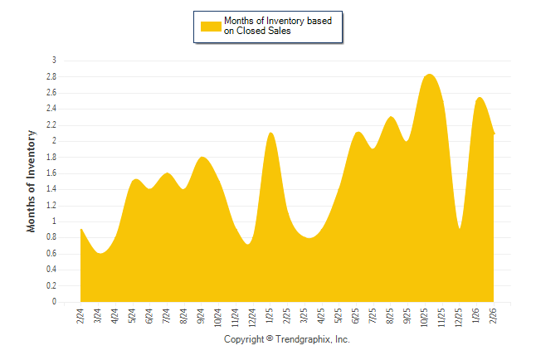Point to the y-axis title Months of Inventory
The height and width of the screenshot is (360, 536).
(32, 181)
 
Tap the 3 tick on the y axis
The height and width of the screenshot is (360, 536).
(54, 61)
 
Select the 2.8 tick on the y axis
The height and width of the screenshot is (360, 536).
(51, 76)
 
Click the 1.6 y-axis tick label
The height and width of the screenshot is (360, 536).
(51, 173)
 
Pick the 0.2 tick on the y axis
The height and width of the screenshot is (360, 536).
(51, 286)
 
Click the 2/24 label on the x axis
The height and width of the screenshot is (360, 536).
(80, 316)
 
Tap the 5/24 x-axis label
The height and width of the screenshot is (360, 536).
(132, 316)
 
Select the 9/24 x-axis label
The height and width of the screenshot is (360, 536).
(201, 316)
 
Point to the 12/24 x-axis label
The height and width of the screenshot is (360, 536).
(252, 318)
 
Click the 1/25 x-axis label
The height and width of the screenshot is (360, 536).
(270, 316)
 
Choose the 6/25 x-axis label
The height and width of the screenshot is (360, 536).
(356, 316)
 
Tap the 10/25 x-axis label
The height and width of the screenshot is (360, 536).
(425, 318)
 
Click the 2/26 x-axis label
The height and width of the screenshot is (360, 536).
(494, 316)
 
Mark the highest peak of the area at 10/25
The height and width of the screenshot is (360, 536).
(429, 75)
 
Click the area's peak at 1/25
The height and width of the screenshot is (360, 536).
(270, 133)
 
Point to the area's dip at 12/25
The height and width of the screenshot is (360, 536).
(460, 229)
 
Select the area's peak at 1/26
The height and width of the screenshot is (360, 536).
(480, 98)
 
